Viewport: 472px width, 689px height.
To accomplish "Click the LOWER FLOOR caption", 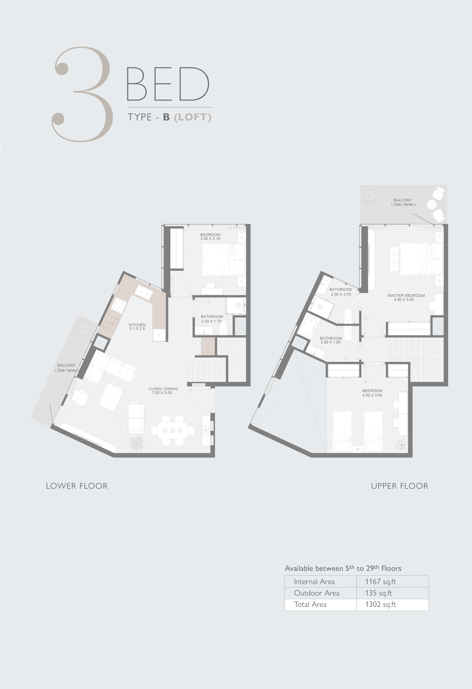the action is pos(77,486).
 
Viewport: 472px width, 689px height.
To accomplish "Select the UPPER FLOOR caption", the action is pos(400,486).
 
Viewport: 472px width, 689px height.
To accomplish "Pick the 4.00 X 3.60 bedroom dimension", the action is pos(372,395).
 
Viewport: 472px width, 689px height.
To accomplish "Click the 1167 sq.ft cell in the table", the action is pos(380,582).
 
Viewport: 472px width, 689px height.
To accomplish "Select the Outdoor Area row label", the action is pos(317,593).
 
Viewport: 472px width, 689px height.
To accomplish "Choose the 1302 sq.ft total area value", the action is pos(380,605).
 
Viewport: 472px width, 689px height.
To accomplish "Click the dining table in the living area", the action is pos(172,430).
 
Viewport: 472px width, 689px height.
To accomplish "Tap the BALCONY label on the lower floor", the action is pos(66,365).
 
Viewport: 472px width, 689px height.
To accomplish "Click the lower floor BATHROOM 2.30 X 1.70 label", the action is pos(212,319).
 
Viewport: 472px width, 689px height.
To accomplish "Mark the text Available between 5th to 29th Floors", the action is pos(343,568).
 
